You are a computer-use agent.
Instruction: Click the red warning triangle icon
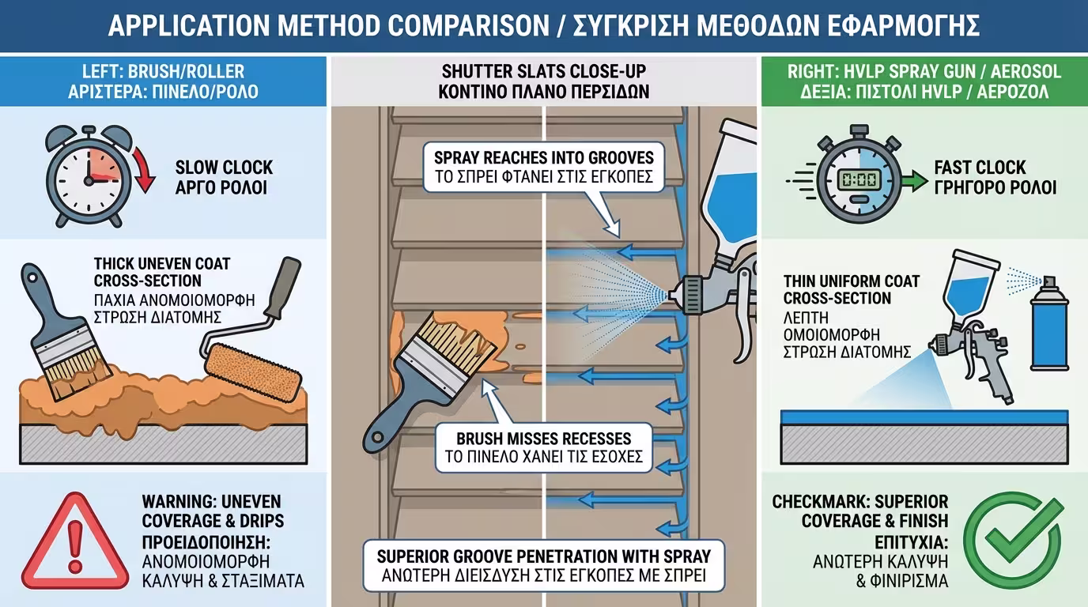[75, 541]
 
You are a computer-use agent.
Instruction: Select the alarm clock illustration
[89, 176]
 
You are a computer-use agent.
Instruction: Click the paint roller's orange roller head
[252, 372]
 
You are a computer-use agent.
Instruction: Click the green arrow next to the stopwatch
[914, 181]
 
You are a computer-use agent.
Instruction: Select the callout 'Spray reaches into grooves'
[543, 167]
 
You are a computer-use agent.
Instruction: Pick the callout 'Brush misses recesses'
[543, 447]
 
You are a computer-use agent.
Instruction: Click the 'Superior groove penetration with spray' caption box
[543, 566]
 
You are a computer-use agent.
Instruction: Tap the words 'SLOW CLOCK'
[224, 168]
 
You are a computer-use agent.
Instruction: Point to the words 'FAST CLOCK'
[980, 168]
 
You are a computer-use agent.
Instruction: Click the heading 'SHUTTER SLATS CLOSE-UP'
[543, 71]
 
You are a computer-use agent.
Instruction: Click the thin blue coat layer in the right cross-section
[924, 417]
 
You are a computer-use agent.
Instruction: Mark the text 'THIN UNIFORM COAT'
[852, 281]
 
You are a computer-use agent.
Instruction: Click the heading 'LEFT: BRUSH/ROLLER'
[163, 71]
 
